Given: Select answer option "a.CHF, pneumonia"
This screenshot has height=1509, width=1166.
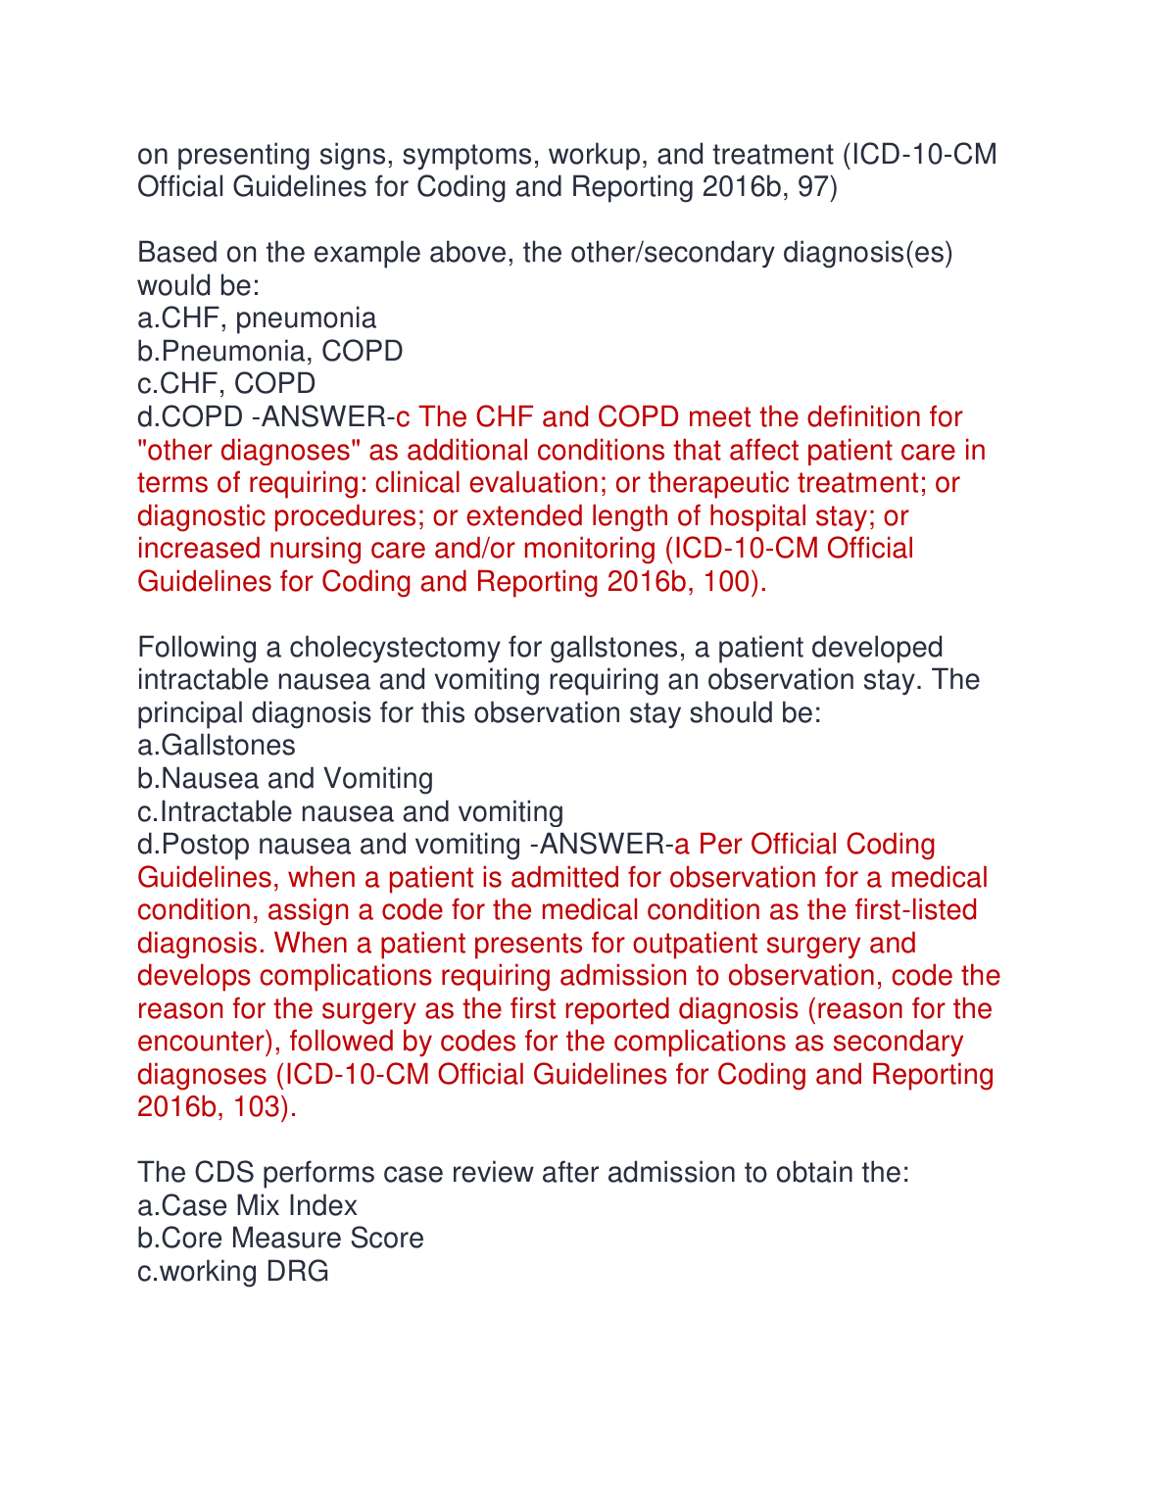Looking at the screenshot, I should pos(257,318).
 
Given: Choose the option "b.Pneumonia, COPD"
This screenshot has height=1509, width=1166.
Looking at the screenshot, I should pos(270,351).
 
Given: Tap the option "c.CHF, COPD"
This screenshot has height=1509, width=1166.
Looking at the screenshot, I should pos(226,384).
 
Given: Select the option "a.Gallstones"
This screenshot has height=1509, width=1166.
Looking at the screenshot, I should pos(217,746).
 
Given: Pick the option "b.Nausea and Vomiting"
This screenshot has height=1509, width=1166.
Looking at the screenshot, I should pos(285,779).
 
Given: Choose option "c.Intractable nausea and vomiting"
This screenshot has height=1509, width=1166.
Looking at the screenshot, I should pos(351,812).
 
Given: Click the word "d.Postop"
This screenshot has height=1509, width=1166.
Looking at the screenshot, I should pos(193,845).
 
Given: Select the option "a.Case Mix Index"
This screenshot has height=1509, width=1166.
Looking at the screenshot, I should pos(248,1206).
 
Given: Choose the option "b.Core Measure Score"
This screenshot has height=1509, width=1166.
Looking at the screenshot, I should pos(281,1239).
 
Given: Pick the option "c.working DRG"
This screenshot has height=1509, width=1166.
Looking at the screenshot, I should pos(233,1272).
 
